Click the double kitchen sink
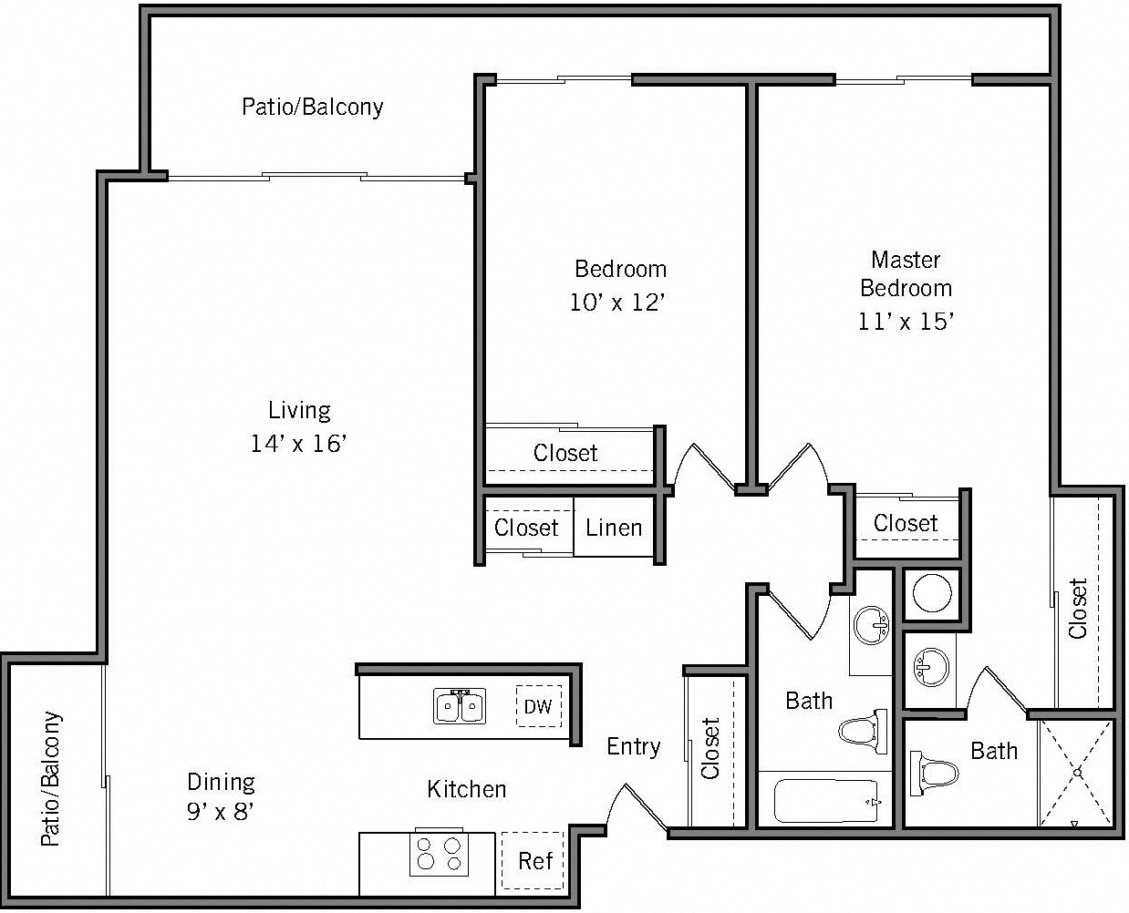460,706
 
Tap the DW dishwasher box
538,706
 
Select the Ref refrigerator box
535,860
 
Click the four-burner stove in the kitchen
439,854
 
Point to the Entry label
633,747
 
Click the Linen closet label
614,528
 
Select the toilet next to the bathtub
863,731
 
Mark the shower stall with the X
1077,773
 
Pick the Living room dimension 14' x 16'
299,444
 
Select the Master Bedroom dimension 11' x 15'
906,321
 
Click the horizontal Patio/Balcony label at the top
312,107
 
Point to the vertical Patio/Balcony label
52,779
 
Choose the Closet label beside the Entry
711,748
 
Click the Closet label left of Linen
526,528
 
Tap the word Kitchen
466,788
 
